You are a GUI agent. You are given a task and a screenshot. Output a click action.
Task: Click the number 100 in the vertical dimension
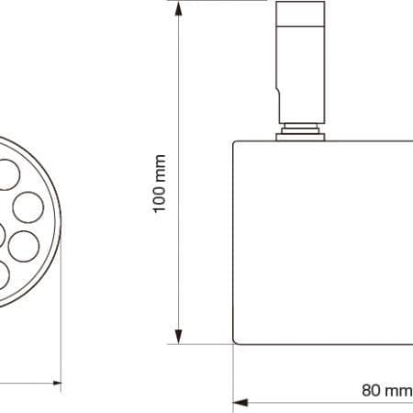(x=160, y=196)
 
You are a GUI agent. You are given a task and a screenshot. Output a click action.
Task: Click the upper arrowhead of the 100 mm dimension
(x=178, y=9)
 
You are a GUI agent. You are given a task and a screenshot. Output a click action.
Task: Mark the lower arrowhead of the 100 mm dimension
(x=178, y=337)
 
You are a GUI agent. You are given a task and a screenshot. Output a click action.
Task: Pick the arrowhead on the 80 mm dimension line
(x=240, y=402)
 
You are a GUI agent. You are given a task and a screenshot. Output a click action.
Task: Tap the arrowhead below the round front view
(x=57, y=383)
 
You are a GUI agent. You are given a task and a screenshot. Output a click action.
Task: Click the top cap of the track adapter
(x=300, y=14)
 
